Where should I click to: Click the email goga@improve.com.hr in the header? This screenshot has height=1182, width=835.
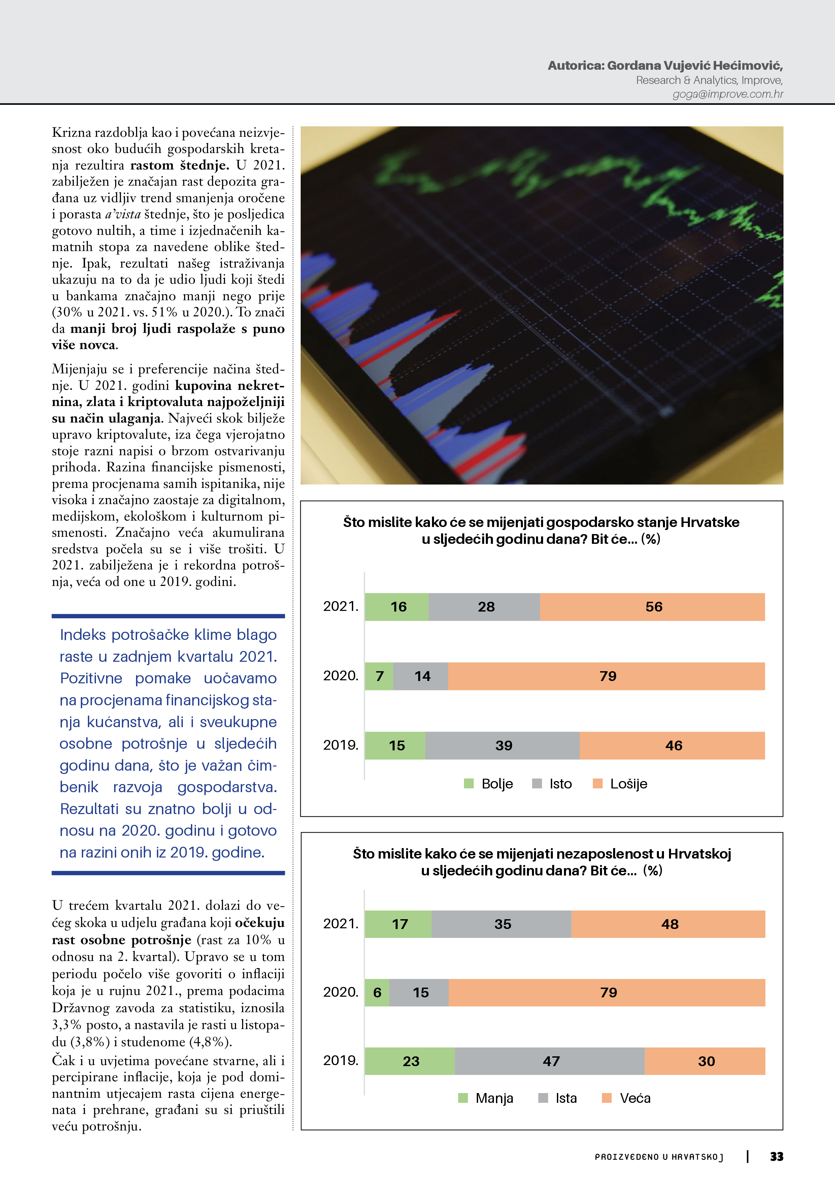tap(728, 94)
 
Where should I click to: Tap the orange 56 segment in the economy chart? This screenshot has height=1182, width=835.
tap(653, 606)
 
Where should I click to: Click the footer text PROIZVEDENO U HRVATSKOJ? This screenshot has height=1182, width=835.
tap(659, 1157)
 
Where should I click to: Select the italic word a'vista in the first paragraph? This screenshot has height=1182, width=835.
tap(123, 214)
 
